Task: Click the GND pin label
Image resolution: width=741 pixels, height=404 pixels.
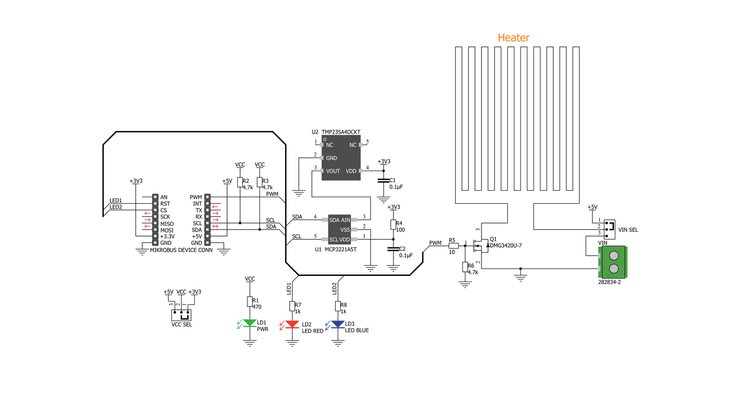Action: [331, 158]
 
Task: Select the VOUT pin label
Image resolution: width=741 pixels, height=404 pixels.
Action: [333, 171]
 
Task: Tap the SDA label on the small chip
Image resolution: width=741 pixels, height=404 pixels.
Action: [334, 220]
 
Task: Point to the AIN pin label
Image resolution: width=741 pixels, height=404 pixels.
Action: [346, 220]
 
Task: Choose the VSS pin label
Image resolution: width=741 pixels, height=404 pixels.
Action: [345, 230]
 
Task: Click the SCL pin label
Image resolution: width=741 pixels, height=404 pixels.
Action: [334, 240]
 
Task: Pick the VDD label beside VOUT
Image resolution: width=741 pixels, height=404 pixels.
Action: [351, 171]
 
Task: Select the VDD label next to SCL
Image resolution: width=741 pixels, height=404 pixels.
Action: [344, 240]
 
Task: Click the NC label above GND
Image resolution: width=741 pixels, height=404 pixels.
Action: [329, 145]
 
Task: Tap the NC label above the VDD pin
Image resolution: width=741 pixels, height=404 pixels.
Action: [353, 145]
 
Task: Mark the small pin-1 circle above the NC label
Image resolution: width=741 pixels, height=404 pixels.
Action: [325, 139]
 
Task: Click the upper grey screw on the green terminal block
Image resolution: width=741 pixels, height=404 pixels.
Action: [614, 256]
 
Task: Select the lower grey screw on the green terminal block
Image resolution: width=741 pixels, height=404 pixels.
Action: [614, 269]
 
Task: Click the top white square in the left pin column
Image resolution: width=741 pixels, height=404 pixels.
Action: [155, 197]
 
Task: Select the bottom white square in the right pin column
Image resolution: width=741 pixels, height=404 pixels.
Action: [207, 243]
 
